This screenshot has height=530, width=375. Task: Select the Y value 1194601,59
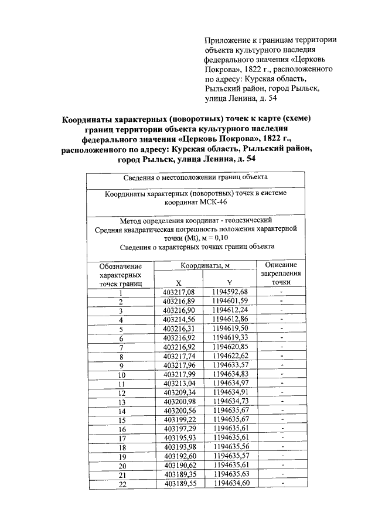(230, 301)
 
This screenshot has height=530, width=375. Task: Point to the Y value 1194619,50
(230, 329)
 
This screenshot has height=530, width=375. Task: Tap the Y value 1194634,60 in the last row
(230, 483)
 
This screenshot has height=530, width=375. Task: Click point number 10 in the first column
(121, 374)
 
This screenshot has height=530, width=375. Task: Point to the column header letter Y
(230, 283)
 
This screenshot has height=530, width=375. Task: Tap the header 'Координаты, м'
(204, 266)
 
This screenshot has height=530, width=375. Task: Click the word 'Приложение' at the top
(226, 40)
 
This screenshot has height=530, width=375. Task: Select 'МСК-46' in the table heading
(227, 203)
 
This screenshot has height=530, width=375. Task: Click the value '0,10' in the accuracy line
(219, 238)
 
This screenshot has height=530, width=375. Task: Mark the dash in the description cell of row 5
(281, 329)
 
